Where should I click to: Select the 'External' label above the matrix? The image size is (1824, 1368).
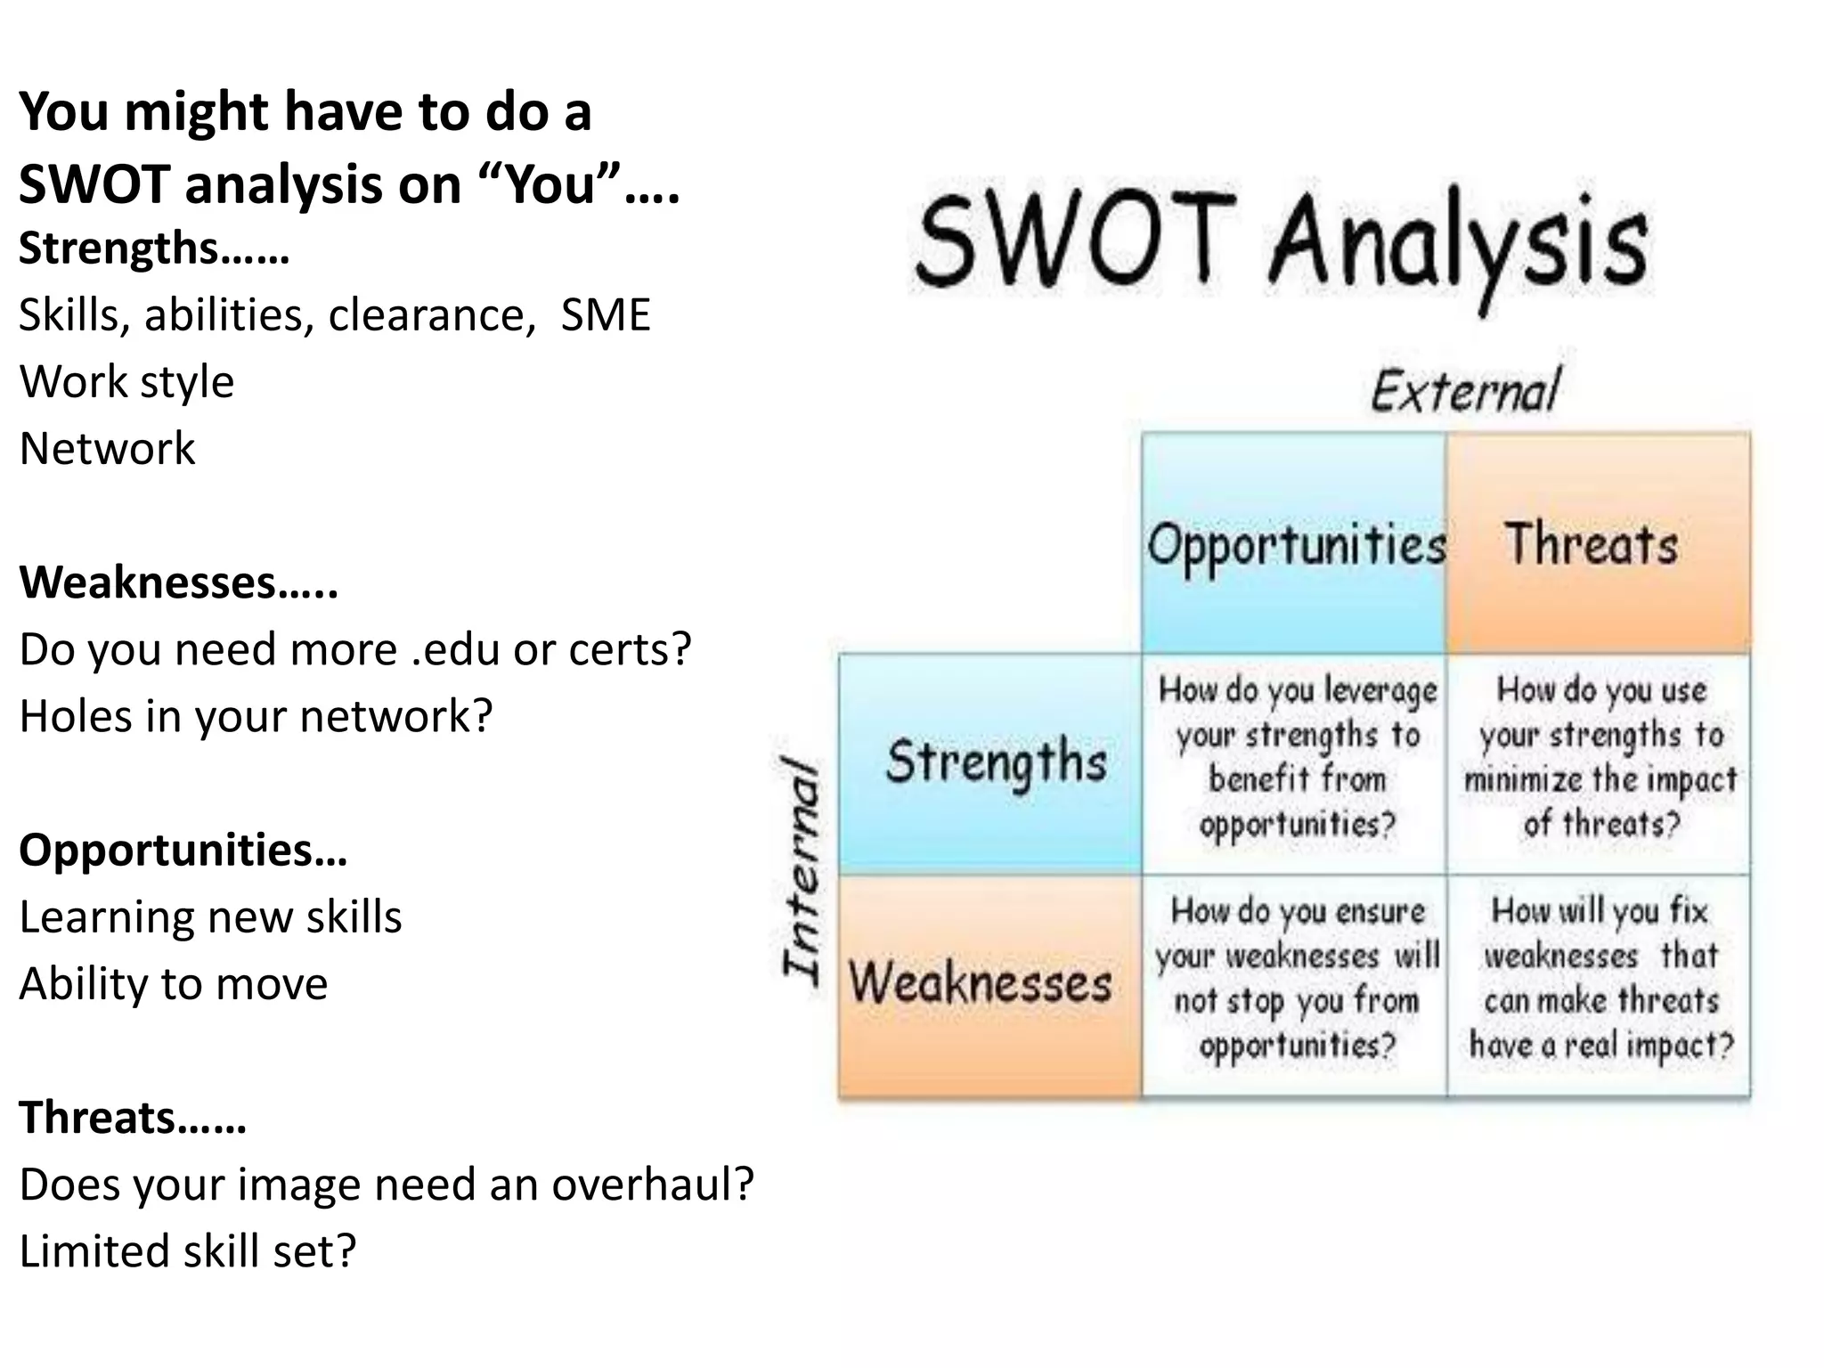tap(1465, 391)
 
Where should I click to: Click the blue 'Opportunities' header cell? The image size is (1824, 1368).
tap(1294, 543)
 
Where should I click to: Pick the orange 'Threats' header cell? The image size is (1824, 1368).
tap(1598, 543)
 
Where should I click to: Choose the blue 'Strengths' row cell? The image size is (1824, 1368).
tap(990, 763)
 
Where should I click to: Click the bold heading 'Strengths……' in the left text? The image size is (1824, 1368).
tap(153, 248)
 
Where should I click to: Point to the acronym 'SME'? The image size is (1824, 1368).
tap(606, 314)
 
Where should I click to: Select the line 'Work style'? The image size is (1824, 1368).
tap(126, 382)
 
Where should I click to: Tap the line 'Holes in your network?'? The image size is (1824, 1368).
tap(256, 716)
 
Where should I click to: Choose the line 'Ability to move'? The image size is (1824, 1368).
tap(174, 984)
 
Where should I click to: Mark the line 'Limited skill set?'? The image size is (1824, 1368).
tap(187, 1251)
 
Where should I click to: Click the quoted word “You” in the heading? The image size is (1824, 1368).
tap(551, 184)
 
